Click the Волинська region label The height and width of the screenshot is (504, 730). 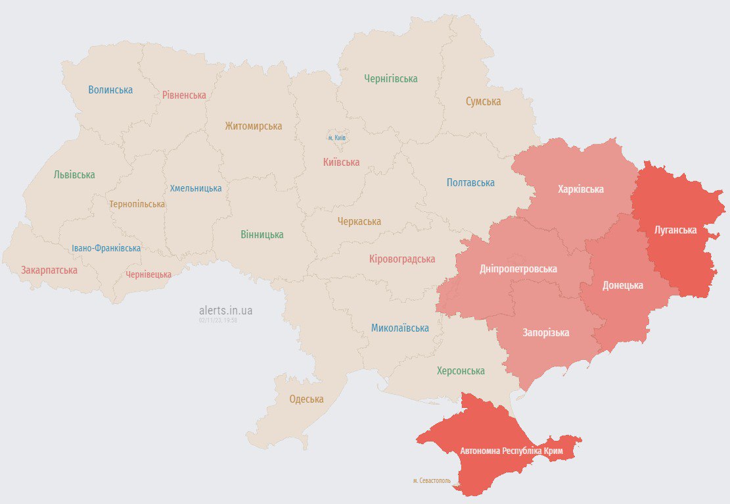click(x=110, y=89)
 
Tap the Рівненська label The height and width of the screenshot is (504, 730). click(x=184, y=95)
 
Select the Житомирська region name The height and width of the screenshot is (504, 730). click(x=253, y=126)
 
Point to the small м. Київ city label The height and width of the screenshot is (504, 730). click(x=337, y=138)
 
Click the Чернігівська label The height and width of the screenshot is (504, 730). click(x=391, y=78)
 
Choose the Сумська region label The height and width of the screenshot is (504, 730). click(x=483, y=101)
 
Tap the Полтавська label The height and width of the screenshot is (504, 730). click(x=470, y=182)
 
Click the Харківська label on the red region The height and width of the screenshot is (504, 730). click(x=580, y=189)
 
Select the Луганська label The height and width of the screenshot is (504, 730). click(x=675, y=230)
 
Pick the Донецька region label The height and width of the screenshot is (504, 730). click(x=623, y=285)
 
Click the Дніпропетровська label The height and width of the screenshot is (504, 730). click(x=518, y=268)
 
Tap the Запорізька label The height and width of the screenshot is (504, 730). click(x=545, y=332)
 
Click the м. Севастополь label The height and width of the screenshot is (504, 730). click(x=432, y=481)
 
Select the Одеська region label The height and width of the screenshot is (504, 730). click(x=306, y=399)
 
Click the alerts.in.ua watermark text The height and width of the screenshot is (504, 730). click(x=225, y=310)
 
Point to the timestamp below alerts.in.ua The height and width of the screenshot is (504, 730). click(x=217, y=320)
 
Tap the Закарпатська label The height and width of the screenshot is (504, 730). click(x=49, y=270)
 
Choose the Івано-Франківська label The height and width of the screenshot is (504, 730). click(x=106, y=248)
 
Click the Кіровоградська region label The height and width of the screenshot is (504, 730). click(x=401, y=259)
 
